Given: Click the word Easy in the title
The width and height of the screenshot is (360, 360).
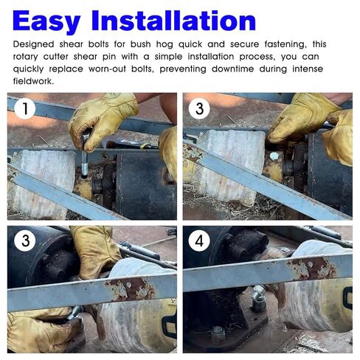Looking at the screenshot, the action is (x=46, y=21).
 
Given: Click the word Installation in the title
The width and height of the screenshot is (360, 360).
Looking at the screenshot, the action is (x=173, y=21).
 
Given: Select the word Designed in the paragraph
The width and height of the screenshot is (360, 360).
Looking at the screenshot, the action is (x=33, y=44).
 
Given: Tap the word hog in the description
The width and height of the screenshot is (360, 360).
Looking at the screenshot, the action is (x=165, y=44).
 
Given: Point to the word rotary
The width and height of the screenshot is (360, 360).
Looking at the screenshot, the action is (x=25, y=57).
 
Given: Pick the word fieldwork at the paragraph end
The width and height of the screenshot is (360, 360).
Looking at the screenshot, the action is (x=33, y=81).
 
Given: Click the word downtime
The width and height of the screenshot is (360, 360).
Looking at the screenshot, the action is (x=232, y=69).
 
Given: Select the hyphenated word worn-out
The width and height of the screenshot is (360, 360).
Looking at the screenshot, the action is (x=107, y=69).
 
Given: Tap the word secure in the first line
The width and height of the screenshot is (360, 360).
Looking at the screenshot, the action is (x=244, y=44).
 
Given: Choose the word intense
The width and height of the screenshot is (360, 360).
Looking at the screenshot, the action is (x=308, y=69).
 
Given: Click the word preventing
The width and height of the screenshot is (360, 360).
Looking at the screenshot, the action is (x=183, y=69).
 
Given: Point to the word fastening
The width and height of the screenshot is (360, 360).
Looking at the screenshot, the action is (x=285, y=44).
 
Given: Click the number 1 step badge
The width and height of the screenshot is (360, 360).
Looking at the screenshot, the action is (x=25, y=108).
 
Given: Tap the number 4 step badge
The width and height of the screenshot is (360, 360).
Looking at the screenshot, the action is (x=199, y=240).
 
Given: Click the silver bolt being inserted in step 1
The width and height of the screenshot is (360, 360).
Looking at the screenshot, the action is (x=85, y=154).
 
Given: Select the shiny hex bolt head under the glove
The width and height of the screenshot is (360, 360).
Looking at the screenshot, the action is (x=274, y=156).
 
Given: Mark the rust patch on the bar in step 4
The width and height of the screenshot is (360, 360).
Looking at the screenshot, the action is (x=311, y=268).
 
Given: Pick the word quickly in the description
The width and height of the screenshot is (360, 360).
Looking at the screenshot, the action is (x=28, y=69).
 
